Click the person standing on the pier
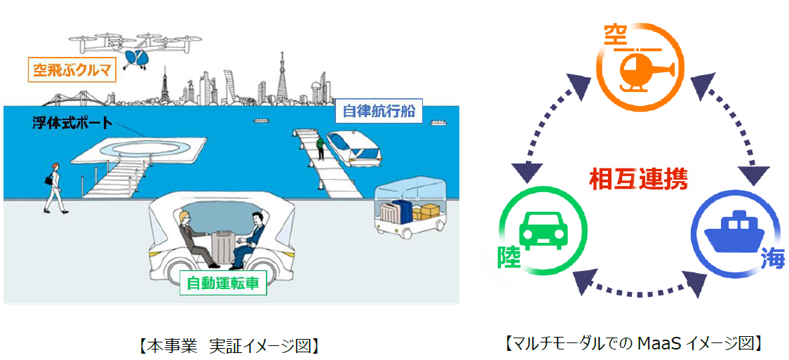click(320, 147)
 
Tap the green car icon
click(544, 232)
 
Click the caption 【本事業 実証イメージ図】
click(228, 345)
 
